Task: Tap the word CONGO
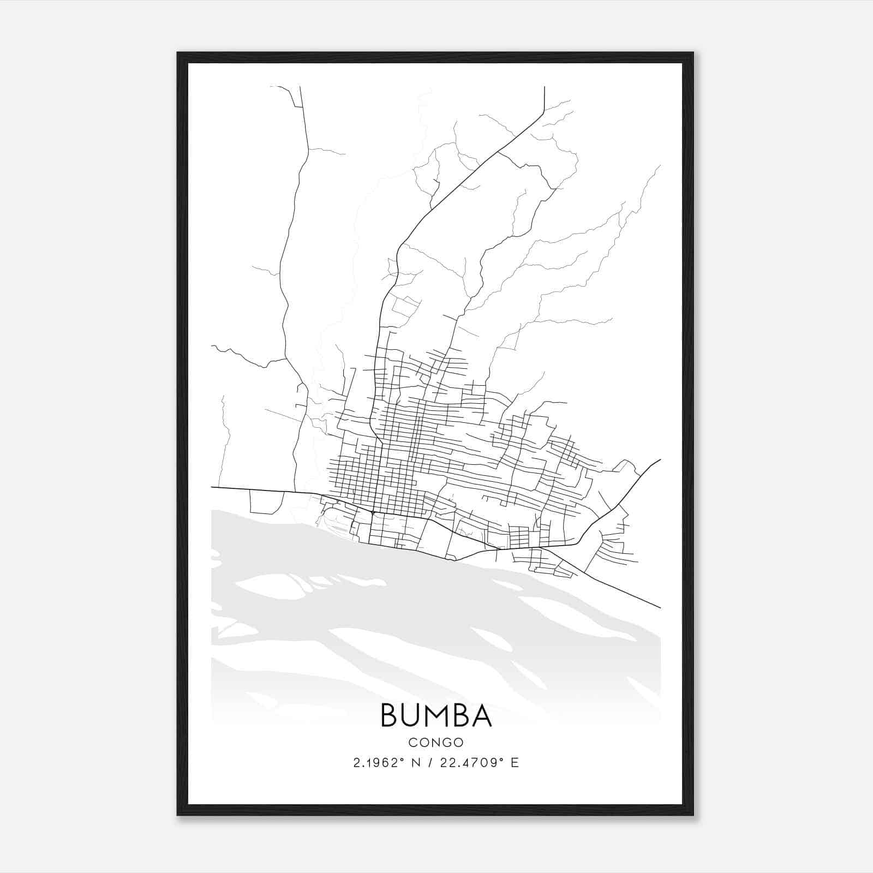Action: [x=436, y=742]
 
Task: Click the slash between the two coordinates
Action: [x=430, y=763]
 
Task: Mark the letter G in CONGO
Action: [x=447, y=742]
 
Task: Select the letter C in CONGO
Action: [x=412, y=742]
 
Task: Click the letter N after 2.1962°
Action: [x=417, y=763]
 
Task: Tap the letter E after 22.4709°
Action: [x=515, y=763]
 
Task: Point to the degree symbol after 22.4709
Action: [x=501, y=760]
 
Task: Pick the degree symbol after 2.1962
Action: [x=404, y=760]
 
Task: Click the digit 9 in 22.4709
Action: [x=495, y=763]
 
